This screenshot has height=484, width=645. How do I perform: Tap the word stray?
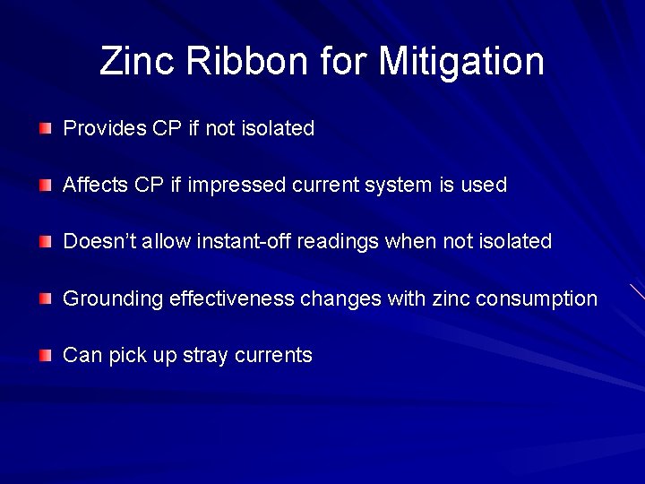[205, 356]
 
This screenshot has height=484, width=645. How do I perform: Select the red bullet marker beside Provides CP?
[46, 129]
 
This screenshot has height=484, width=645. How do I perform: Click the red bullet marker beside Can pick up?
[46, 356]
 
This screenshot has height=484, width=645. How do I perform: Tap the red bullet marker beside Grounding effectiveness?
[46, 299]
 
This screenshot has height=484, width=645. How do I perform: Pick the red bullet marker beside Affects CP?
[46, 186]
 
